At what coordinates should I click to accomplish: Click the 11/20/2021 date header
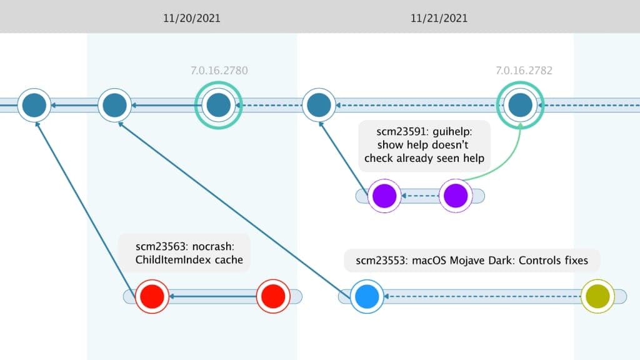pos(192,18)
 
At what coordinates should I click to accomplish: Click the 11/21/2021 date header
pos(439,18)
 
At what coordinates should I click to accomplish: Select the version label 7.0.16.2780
pos(219,71)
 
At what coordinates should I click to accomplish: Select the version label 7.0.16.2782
pos(524,71)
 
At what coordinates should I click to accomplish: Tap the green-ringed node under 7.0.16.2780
pos(219,105)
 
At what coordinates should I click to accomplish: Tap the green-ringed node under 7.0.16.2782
pos(520,105)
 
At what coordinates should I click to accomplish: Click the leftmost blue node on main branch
pos(34,105)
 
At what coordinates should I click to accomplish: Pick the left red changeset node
pos(151,296)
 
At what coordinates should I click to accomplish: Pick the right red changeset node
pos(273,296)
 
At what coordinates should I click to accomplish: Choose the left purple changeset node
pos(384,196)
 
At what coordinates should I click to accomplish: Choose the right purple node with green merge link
pos(454,196)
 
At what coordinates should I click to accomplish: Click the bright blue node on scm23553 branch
pos(366,296)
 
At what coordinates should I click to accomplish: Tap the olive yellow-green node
pos(597,296)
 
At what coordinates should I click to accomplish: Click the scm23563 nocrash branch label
pos(184,252)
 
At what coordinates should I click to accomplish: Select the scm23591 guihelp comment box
pos(424,145)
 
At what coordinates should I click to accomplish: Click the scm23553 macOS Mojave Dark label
pos(472,261)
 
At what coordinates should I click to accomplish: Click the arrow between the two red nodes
pos(212,296)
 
